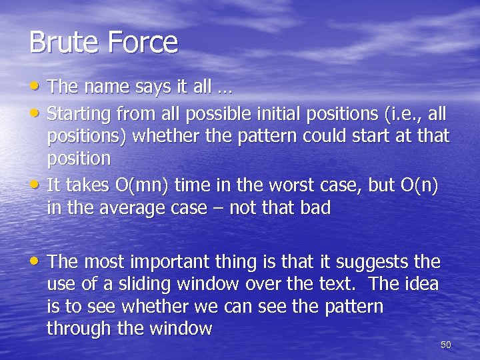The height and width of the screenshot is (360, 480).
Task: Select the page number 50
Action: coord(446,345)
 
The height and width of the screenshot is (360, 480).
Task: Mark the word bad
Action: coord(316,208)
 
